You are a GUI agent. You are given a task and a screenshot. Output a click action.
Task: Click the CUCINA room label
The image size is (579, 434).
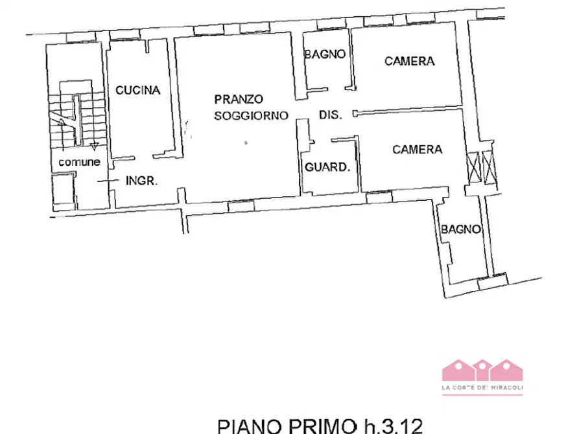[137, 91]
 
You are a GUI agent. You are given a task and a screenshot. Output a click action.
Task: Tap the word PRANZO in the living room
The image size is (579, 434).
[239, 99]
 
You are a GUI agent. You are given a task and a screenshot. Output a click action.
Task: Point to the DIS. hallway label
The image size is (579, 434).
[330, 115]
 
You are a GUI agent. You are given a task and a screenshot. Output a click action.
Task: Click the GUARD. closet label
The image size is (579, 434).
[327, 167]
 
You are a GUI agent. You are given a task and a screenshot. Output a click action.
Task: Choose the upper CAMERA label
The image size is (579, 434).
[409, 61]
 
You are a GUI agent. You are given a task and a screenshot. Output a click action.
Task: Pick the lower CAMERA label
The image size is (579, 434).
[418, 150]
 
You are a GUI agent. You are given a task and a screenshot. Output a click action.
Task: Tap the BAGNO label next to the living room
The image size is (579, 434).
[325, 54]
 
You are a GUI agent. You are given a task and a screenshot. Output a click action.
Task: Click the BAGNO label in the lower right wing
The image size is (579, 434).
[461, 229]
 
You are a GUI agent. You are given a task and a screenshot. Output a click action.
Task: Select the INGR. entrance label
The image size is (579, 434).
[141, 181]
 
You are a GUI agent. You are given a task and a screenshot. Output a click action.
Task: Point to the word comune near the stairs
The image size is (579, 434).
[79, 163]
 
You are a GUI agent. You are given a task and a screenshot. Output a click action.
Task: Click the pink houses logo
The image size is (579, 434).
[482, 371]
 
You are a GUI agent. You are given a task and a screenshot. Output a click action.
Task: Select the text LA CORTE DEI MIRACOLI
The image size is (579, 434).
[482, 389]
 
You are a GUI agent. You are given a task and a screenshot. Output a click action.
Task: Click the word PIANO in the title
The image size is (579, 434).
[250, 426]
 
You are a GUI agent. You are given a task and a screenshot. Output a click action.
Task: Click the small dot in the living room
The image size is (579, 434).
[245, 142]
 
